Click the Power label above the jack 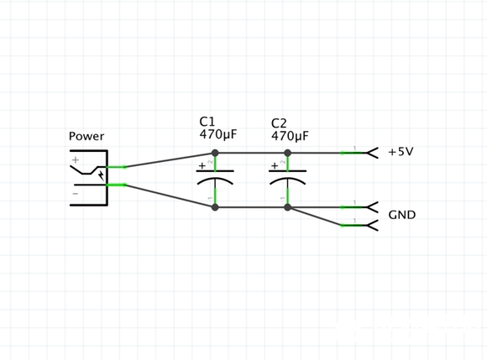(x=86, y=136)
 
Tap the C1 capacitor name (x=207, y=122)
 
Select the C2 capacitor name (x=279, y=123)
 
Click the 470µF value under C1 (x=218, y=134)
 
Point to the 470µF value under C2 (x=290, y=136)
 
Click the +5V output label (x=401, y=152)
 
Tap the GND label (x=402, y=215)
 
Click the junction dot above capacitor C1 (x=215, y=153)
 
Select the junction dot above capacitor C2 (x=288, y=153)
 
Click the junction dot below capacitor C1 (x=215, y=207)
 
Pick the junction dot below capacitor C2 (x=288, y=207)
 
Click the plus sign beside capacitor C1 (x=202, y=165)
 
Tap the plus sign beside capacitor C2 (x=275, y=165)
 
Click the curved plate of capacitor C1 (x=215, y=179)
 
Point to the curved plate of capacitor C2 (x=288, y=179)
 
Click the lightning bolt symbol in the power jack (x=102, y=175)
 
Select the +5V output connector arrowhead (x=373, y=153)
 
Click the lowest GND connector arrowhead (x=373, y=226)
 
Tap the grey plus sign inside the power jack (x=76, y=159)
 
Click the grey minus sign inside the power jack (x=76, y=194)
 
